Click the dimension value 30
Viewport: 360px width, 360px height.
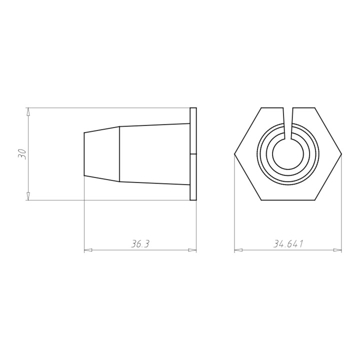point(22,153)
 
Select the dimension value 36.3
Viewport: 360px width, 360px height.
point(140,244)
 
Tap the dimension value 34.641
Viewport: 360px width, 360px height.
point(288,244)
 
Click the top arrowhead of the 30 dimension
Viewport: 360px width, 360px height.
point(28,111)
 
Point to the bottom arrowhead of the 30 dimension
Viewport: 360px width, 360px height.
point(28,196)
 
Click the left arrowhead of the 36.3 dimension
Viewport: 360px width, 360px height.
point(88,250)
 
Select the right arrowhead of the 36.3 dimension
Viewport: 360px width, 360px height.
point(192,250)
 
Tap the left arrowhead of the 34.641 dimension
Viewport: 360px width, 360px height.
point(238,250)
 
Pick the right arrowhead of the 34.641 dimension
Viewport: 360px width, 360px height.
point(337,250)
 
